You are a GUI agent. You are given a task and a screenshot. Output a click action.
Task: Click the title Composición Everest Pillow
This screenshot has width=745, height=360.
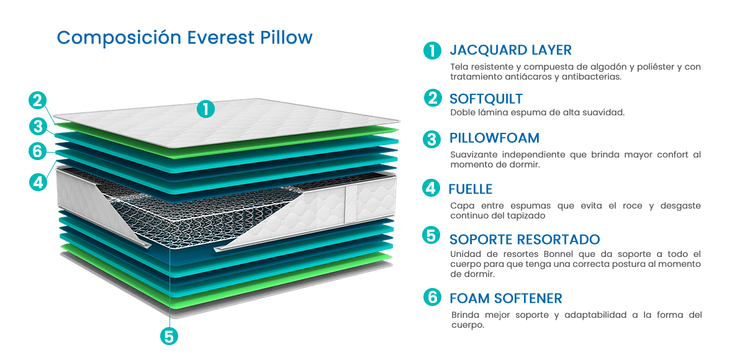pos(184,38)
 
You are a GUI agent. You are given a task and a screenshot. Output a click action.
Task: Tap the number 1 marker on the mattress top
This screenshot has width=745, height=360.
pos(205,109)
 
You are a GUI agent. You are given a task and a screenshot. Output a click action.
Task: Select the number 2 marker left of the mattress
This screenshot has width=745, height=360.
pos(38,101)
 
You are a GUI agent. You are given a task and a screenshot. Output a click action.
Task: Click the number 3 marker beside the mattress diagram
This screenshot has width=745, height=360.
pos(38,127)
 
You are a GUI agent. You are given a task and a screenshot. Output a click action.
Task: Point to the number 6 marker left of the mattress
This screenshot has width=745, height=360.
pos(38,151)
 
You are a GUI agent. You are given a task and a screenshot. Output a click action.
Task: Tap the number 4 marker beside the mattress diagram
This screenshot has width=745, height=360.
pos(38,182)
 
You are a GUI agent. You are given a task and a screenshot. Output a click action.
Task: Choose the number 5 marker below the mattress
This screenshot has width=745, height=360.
pos(169,336)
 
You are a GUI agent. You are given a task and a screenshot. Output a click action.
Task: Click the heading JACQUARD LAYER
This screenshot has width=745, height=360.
pos(510,50)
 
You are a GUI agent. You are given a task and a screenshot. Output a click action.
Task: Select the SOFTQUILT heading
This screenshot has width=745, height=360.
pos(486,99)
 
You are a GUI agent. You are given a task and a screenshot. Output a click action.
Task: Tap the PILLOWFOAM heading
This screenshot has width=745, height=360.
pos(494,138)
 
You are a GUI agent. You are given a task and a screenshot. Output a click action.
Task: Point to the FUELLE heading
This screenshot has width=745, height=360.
pos(471,189)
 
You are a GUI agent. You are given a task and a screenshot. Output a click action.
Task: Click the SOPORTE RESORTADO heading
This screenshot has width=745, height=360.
pos(525,240)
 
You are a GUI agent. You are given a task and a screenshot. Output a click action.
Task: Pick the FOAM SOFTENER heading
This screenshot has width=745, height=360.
pos(506,299)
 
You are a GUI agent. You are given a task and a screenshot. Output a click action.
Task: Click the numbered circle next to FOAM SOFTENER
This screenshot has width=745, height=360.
pos(432,297)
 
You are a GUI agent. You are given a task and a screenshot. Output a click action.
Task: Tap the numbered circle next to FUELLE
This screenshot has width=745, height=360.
pos(431,188)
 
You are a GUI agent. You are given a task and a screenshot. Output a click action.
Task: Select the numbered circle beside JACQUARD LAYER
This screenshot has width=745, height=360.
pos(432,50)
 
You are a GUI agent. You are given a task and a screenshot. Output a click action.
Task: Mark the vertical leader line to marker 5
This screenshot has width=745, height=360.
pos(169,283)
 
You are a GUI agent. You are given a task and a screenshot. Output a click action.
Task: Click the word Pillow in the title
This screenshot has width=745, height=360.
pos(286,38)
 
